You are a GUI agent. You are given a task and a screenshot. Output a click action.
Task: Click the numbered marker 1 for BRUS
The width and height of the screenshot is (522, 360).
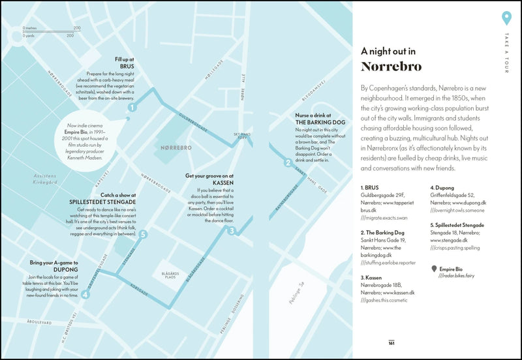pyautogui.click(x=132, y=108)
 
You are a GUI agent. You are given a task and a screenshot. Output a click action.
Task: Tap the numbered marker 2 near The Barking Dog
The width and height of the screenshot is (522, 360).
pyautogui.click(x=288, y=162)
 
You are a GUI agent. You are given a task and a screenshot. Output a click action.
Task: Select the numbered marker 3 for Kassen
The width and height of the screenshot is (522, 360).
pyautogui.click(x=231, y=230)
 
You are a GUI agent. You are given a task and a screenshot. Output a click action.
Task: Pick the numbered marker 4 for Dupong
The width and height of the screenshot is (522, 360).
pyautogui.click(x=85, y=293)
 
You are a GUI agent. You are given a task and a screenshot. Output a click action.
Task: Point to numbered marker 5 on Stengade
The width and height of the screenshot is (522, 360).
pyautogui.click(x=143, y=235)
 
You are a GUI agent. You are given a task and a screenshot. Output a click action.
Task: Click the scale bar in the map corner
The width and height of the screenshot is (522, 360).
pyautogui.click(x=51, y=31)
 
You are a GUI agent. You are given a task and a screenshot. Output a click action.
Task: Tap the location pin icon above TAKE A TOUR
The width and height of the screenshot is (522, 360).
pyautogui.click(x=506, y=18)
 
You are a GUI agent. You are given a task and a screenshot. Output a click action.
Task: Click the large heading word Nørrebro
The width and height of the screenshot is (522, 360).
pyautogui.click(x=391, y=67)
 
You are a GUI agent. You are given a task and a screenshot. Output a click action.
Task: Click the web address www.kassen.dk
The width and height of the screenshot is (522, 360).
pyautogui.click(x=397, y=293)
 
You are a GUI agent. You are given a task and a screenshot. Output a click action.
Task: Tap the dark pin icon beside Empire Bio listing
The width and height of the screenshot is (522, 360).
pyautogui.click(x=435, y=269)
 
